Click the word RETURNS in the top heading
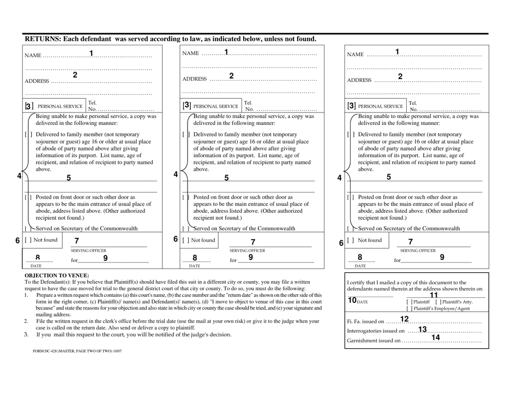click(43, 39)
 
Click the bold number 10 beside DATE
click(351, 300)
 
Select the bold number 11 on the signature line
click(434, 295)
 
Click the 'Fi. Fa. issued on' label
click(365, 321)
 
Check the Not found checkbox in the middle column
click(185, 240)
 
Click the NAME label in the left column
click(33, 55)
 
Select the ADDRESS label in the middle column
click(194, 79)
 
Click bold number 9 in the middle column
click(250, 258)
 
